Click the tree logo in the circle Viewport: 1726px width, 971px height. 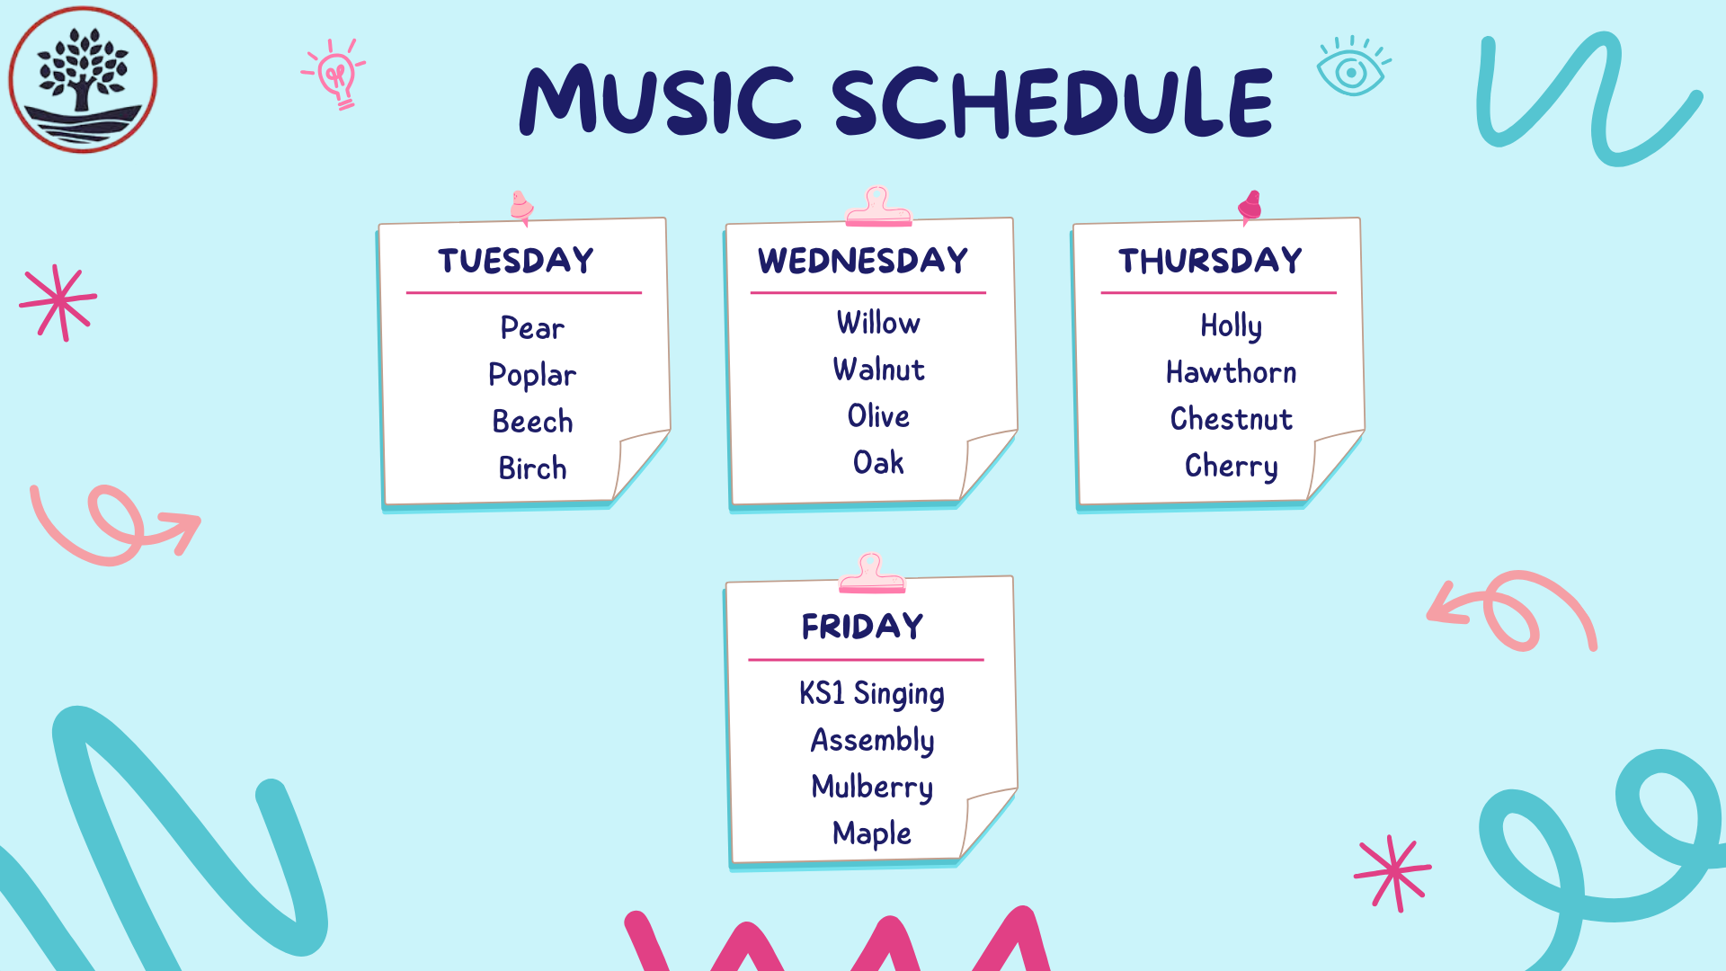point(83,79)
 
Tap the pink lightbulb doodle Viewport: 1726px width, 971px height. point(334,74)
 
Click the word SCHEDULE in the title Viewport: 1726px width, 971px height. point(1052,102)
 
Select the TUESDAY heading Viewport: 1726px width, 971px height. point(516,261)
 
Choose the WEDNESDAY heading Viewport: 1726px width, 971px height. point(863,261)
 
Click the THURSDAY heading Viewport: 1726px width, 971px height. point(1210,261)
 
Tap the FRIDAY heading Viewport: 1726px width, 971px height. point(863,627)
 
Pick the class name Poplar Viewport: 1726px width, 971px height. point(532,376)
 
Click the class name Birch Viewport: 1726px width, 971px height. point(532,468)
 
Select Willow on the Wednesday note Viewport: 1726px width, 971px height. point(878,323)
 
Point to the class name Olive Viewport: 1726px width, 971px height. point(878,416)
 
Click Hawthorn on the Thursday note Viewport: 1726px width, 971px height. point(1232,372)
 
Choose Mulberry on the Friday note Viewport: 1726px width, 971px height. point(872,788)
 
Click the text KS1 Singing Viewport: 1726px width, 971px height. point(872,694)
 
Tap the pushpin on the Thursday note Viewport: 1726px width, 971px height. point(1250,208)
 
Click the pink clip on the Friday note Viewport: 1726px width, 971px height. point(871,574)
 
